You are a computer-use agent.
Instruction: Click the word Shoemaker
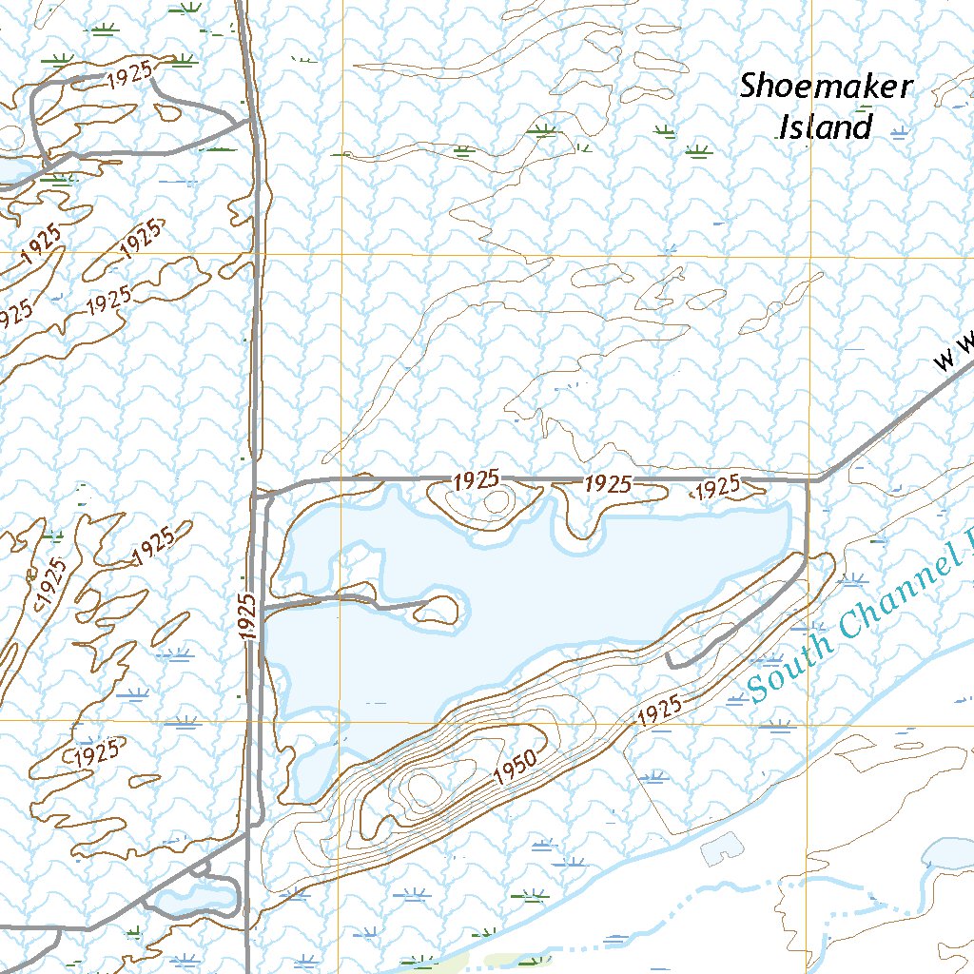(x=826, y=88)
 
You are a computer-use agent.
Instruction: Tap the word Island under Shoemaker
(x=825, y=127)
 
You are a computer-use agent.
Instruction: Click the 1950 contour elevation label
(x=517, y=767)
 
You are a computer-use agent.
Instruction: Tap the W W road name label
(x=955, y=352)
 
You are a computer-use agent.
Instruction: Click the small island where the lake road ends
(x=438, y=609)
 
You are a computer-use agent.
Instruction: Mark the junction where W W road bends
(x=815, y=479)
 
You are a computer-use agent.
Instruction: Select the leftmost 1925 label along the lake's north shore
(x=477, y=481)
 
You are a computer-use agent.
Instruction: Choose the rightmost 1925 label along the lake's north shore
(x=718, y=488)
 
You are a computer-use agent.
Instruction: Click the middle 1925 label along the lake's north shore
(x=607, y=483)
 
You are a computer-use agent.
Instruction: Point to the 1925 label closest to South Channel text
(x=659, y=711)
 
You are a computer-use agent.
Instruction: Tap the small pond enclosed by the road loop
(x=197, y=896)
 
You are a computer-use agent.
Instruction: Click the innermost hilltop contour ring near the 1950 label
(x=421, y=786)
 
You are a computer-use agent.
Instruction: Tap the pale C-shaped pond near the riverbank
(x=722, y=849)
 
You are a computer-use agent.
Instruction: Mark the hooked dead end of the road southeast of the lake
(x=670, y=658)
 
